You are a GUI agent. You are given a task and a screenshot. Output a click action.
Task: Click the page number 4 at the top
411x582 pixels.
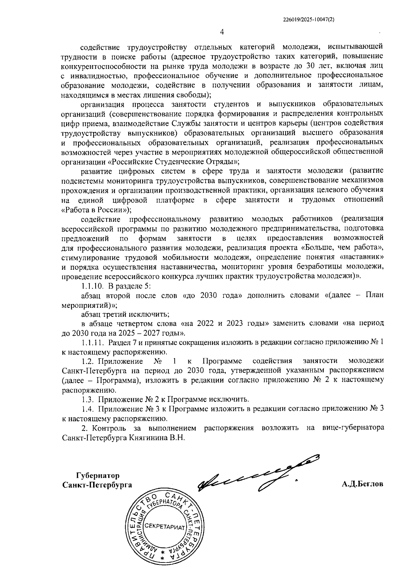coord(222,32)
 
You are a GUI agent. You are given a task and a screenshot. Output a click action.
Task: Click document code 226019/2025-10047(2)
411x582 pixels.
coord(309,20)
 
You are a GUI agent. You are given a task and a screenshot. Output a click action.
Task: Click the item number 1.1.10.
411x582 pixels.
coord(92,286)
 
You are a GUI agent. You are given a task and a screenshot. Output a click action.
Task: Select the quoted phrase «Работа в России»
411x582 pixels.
coord(96,209)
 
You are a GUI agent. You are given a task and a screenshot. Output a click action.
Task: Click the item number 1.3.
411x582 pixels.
coord(88,399)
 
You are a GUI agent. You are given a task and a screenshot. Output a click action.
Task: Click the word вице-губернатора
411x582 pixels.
coord(353,428)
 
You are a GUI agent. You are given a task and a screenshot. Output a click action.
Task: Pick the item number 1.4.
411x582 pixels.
coord(88,409)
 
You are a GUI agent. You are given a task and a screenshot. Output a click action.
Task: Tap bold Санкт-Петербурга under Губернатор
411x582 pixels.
coord(97,485)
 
